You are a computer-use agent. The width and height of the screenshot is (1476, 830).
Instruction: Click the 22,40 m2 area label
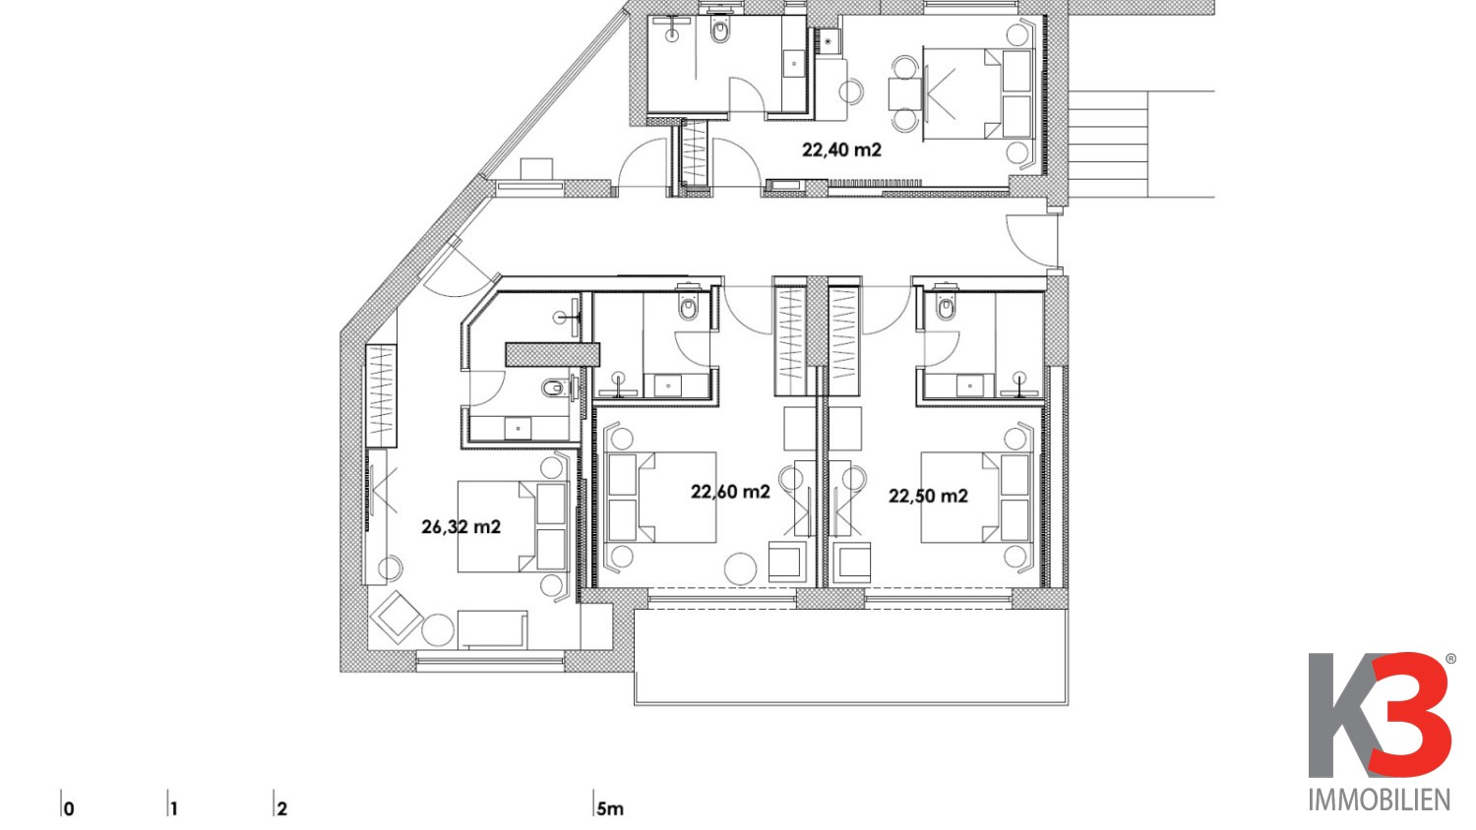click(841, 150)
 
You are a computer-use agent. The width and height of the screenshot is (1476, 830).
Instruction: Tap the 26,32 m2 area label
click(461, 527)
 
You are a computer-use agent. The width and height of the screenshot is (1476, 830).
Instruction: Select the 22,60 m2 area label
click(730, 492)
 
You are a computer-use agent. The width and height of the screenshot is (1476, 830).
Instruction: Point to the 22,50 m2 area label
click(929, 496)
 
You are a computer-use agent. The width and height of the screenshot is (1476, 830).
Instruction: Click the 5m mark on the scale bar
click(609, 808)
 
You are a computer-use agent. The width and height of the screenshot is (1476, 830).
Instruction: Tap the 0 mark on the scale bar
click(69, 808)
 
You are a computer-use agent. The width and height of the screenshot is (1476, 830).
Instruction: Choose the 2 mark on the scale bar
click(282, 808)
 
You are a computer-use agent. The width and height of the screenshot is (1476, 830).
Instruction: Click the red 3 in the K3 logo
click(1410, 714)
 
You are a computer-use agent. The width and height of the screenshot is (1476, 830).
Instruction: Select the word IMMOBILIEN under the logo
click(1380, 800)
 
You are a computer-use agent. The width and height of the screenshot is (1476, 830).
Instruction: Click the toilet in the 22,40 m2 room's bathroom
click(720, 30)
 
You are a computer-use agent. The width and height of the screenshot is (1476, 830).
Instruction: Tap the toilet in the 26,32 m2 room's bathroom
click(556, 387)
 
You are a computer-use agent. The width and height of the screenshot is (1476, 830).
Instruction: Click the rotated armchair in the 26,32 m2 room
click(396, 618)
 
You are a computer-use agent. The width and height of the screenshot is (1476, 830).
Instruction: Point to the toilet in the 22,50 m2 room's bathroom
click(947, 304)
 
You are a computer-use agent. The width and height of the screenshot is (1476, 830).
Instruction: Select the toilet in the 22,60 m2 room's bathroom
click(689, 304)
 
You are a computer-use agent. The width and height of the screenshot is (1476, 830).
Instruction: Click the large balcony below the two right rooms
click(851, 656)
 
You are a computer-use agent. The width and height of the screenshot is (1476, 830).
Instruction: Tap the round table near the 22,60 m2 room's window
click(741, 568)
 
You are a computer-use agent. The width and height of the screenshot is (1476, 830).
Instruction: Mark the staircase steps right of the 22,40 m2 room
click(1108, 144)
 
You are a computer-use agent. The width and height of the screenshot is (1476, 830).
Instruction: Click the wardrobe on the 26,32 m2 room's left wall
click(382, 395)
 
